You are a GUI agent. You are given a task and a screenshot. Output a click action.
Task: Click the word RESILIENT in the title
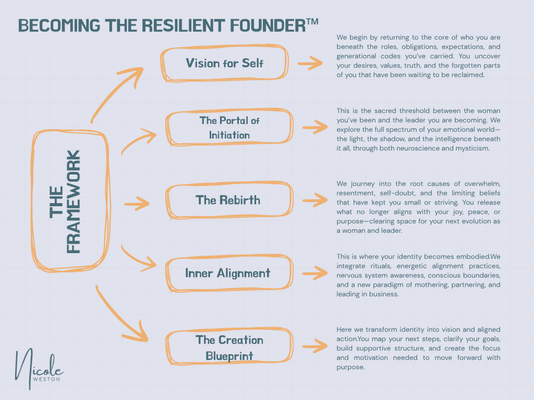pyautogui.click(x=183, y=26)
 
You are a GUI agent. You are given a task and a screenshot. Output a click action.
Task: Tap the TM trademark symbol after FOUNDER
pyautogui.click(x=312, y=22)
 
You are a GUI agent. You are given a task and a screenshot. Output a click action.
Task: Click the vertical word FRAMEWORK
pyautogui.click(x=74, y=202)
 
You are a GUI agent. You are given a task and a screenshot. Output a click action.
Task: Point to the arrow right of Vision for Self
pyautogui.click(x=310, y=63)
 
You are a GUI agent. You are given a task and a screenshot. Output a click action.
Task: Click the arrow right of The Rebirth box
pyautogui.click(x=315, y=200)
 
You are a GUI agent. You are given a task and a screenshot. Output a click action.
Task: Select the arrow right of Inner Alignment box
pyautogui.click(x=315, y=273)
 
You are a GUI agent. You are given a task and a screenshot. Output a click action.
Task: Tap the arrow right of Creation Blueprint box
pyautogui.click(x=315, y=346)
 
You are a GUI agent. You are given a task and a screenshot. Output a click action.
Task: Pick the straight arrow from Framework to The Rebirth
pyautogui.click(x=137, y=204)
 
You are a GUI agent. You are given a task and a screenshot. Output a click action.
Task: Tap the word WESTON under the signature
pyautogui.click(x=46, y=379)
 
